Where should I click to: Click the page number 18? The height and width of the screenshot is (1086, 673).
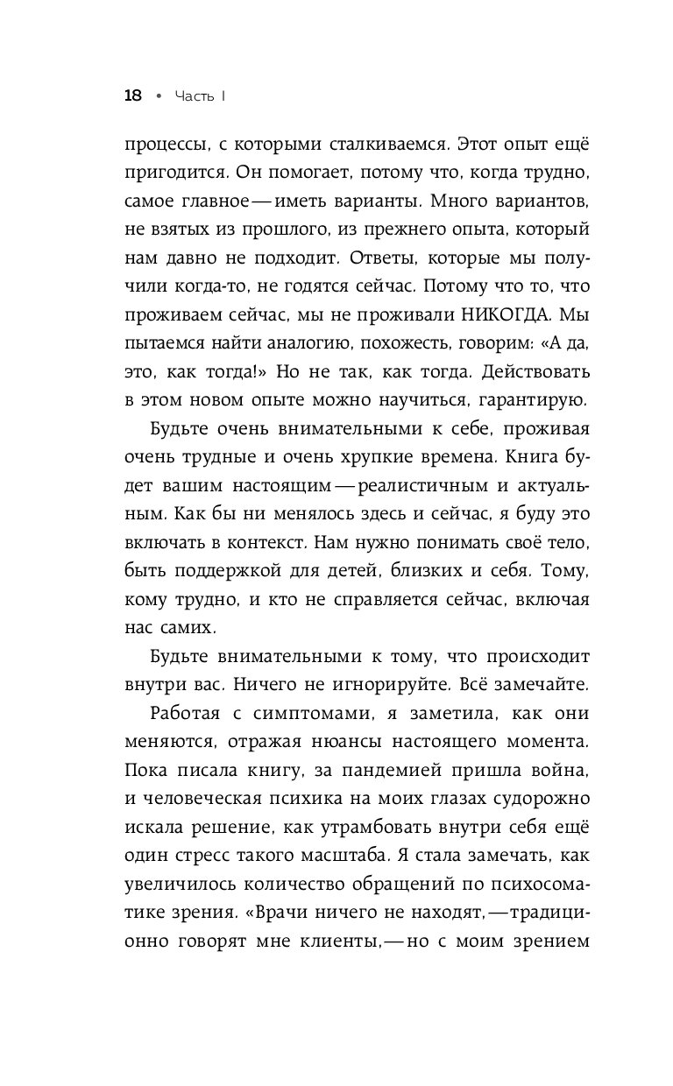(132, 96)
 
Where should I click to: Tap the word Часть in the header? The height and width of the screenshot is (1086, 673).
(191, 96)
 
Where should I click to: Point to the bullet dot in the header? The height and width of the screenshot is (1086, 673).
(158, 96)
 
